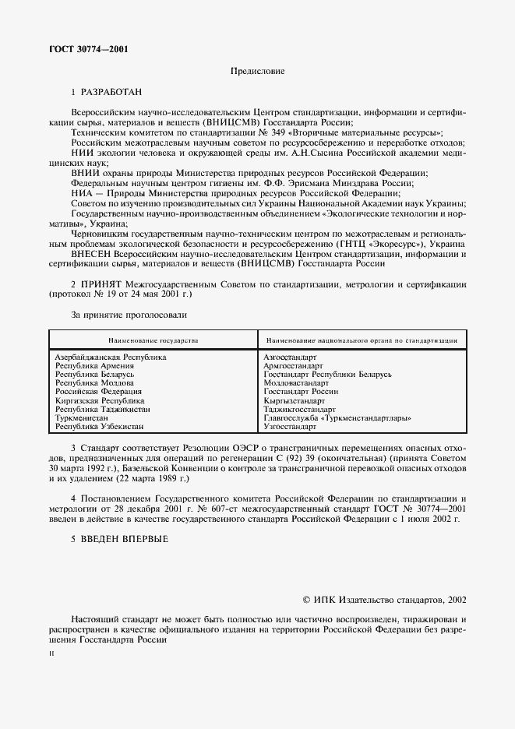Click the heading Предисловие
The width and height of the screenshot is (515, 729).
coord(257,72)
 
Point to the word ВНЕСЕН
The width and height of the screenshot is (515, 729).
coord(92,254)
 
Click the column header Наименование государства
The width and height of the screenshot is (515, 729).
coord(153,341)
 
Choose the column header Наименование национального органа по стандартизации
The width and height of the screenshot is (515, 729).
coord(361,341)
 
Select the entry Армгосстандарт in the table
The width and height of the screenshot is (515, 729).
coord(293,365)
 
